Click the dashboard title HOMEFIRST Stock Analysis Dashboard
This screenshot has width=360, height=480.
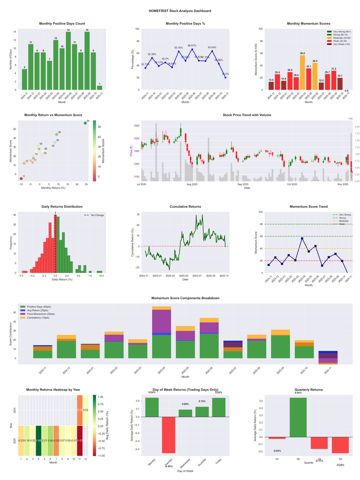tap(180, 10)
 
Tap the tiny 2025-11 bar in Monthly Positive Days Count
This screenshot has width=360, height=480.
tap(100, 87)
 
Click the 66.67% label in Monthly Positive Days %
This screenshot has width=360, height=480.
tap(192, 45)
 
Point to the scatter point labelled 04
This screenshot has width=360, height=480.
tap(85, 123)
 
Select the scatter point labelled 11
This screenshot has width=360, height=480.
tap(21, 179)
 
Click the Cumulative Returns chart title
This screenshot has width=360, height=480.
tap(185, 207)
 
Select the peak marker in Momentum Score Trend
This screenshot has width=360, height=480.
tap(302, 238)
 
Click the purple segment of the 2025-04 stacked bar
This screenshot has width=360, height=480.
tap(161, 321)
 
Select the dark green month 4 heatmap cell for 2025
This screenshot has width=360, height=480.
tap(38, 440)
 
